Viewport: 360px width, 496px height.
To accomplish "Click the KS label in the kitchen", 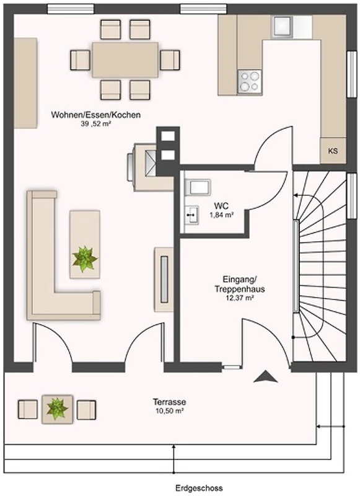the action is [x=333, y=151].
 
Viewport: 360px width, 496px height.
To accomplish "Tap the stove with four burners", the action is [x=250, y=81].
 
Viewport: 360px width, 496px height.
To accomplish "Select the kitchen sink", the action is [x=282, y=25].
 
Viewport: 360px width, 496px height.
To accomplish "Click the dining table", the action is [x=125, y=60].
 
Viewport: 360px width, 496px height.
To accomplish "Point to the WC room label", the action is [x=221, y=206].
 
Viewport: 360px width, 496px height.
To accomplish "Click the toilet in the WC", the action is [x=198, y=187].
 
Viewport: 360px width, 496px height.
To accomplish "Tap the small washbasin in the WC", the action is [x=192, y=215].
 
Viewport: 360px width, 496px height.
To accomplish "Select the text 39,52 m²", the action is [x=96, y=124].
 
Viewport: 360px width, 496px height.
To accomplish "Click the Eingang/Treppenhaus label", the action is [x=240, y=284].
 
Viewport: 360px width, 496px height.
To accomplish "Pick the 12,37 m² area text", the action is [x=240, y=298].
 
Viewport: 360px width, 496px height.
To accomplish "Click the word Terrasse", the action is [x=169, y=402].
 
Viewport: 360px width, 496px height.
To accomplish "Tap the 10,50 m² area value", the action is [x=169, y=411].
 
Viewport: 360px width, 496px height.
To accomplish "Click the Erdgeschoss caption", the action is [x=199, y=488].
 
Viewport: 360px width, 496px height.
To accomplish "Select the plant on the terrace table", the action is [x=57, y=409].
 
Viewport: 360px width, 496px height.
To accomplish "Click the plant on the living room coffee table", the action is [x=84, y=259].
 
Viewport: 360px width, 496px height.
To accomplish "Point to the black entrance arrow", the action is [x=265, y=376].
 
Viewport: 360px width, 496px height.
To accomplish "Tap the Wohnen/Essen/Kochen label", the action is [x=96, y=115].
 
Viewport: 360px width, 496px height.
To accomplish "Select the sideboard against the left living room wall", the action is [x=25, y=83].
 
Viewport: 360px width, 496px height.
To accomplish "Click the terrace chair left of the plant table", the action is [x=27, y=409].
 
